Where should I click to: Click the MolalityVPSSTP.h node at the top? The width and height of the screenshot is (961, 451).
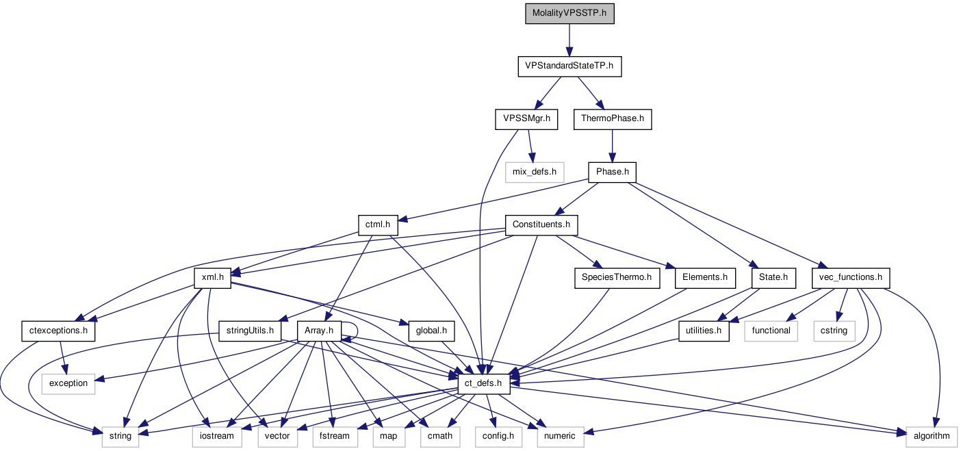pos(569,14)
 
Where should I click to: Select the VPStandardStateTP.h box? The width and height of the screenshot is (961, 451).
pos(569,67)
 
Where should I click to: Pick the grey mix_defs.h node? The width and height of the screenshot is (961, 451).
pos(535,172)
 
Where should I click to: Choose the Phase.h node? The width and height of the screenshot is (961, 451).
pos(612,172)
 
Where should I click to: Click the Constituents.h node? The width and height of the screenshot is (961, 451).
pos(541,224)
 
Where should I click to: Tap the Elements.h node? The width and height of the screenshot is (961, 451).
pos(705,278)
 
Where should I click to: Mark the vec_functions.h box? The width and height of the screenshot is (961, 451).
pos(851,278)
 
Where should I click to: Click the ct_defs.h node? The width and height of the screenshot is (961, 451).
pos(483,384)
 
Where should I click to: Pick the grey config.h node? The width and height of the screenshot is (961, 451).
pos(498,436)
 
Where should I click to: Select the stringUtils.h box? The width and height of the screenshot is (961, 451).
pos(250,331)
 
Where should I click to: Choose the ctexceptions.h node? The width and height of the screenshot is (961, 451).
pos(58,331)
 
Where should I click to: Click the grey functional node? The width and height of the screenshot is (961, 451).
pos(771,331)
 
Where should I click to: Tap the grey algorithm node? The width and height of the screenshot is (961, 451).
pos(931,436)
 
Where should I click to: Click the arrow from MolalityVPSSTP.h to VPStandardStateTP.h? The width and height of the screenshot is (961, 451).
pos(569,40)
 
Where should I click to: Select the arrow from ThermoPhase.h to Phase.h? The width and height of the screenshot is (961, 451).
pos(612,146)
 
